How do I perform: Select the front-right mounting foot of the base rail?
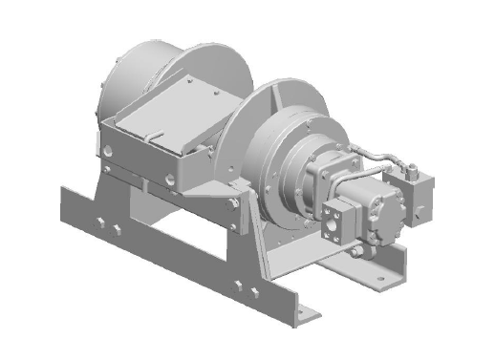[x=311, y=316]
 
